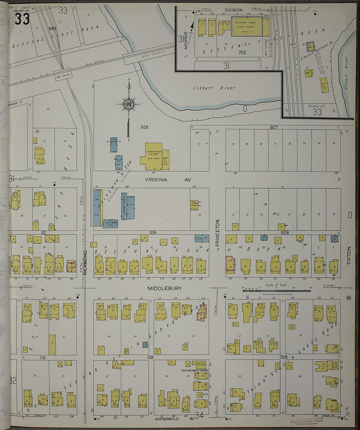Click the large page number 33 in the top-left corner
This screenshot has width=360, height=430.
(22, 19)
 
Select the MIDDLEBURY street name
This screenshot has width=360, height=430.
(164, 288)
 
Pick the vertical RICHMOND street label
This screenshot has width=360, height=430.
(85, 262)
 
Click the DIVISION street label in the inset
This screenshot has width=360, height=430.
(233, 10)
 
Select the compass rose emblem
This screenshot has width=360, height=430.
(128, 104)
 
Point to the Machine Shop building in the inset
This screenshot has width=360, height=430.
(247, 26)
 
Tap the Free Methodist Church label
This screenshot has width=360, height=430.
(195, 370)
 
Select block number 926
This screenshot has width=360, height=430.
(144, 127)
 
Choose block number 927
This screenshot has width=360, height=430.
(274, 127)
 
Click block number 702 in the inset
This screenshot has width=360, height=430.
(243, 52)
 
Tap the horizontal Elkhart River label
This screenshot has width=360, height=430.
(214, 88)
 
